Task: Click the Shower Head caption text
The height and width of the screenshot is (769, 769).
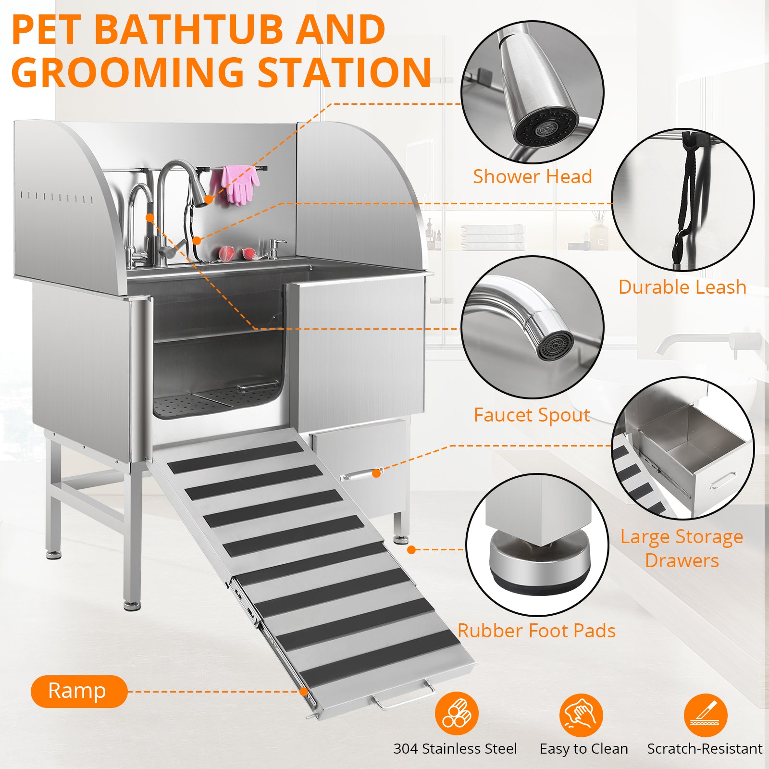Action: coord(532,176)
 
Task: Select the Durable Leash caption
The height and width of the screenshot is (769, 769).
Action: coord(682,287)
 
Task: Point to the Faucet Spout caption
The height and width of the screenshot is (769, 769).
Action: coord(532,415)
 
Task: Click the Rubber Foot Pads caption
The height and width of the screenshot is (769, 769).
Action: coord(536,631)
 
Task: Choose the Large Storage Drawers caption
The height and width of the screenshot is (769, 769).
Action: coord(682,548)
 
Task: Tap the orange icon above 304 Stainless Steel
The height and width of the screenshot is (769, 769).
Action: coord(456,714)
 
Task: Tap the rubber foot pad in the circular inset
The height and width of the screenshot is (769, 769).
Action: coord(539,562)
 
